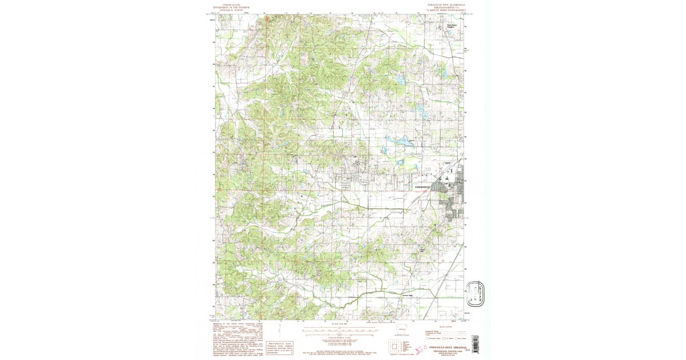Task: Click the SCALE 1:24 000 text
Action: point(336,324)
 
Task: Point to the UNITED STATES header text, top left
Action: point(232,3)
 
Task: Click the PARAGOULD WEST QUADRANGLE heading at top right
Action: point(445,3)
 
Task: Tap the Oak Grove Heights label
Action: point(452,26)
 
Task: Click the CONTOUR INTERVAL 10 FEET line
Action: point(336,338)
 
